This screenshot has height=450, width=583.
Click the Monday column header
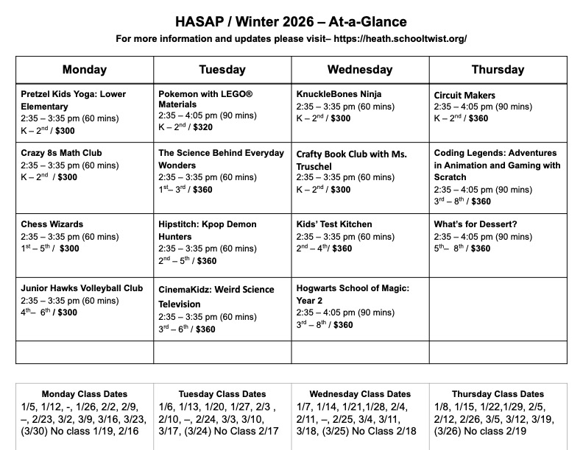[x=84, y=70]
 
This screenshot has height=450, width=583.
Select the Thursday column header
[x=498, y=70]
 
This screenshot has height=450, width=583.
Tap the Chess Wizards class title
[x=52, y=224]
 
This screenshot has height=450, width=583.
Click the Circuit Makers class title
[x=464, y=95]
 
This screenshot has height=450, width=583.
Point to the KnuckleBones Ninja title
[x=339, y=94]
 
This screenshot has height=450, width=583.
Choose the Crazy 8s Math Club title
[x=61, y=153]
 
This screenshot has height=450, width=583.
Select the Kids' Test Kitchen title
[x=334, y=224]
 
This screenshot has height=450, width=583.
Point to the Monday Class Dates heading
[x=84, y=394]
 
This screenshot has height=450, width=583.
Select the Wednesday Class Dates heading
[x=359, y=394]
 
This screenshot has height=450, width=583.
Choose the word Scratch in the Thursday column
[x=451, y=177]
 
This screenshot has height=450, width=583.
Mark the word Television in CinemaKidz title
[x=183, y=301]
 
